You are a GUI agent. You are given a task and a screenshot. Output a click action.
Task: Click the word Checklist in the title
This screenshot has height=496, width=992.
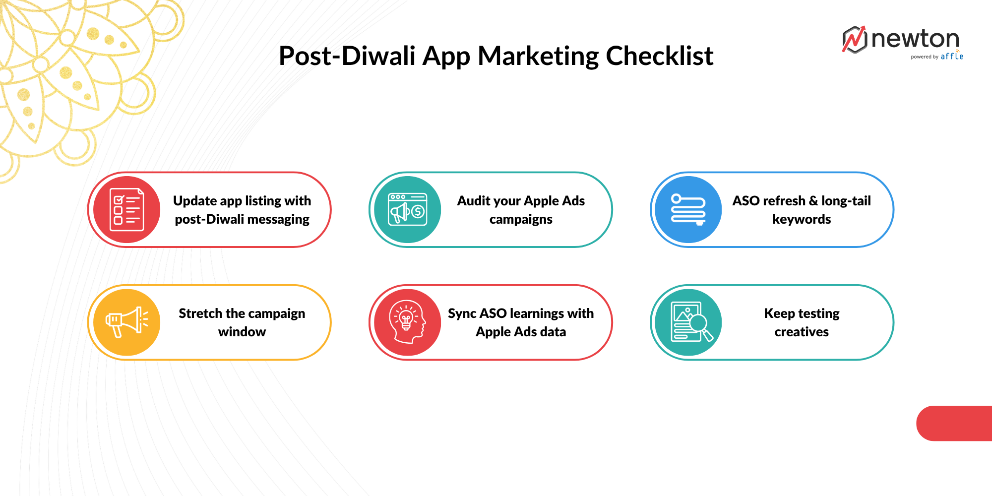coord(659,56)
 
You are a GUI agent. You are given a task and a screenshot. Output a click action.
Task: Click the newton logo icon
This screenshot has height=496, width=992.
coord(854,40)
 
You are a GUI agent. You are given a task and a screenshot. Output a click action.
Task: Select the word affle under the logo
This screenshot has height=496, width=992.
coord(952,57)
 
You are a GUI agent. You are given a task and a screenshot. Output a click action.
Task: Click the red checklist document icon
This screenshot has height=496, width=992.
coord(127,209)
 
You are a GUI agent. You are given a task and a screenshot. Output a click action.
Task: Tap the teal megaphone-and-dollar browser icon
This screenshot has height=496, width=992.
coord(408,209)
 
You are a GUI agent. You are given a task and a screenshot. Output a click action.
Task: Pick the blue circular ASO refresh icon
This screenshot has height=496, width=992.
coord(688,209)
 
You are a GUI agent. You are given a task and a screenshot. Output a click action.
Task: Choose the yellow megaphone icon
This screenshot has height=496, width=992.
coord(127,322)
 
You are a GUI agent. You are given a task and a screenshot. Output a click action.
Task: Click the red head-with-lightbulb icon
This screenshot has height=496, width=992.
coord(408,322)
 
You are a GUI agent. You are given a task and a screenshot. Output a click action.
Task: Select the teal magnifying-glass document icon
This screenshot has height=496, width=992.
coord(688,322)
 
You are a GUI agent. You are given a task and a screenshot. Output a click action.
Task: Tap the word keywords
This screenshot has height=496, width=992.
coord(802,219)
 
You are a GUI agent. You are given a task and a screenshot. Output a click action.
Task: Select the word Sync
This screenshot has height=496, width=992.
coord(462,313)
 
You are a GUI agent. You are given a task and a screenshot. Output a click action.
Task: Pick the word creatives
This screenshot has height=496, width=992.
coord(802,332)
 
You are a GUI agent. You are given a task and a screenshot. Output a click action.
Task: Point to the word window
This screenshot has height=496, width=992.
coord(242,332)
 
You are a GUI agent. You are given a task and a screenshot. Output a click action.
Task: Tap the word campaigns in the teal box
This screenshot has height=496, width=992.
coord(521,219)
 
